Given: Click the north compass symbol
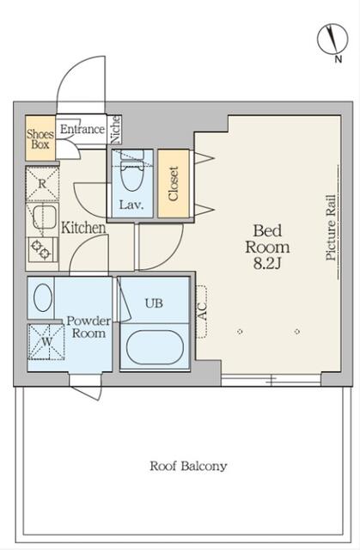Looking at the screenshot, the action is click(333, 39).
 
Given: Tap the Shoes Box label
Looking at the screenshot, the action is click(40, 139).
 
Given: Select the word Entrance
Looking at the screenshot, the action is click(82, 129).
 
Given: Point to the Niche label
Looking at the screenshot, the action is click(115, 130).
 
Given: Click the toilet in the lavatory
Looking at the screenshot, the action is click(132, 171).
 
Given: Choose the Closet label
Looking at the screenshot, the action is click(174, 183).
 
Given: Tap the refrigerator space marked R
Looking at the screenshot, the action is click(42, 184).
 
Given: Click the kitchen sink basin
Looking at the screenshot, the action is click(44, 217).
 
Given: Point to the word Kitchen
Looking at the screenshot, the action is click(83, 228).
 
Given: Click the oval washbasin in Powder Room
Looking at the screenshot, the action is click(43, 297).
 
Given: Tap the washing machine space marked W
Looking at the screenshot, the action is click(46, 342).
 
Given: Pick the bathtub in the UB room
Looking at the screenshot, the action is click(155, 347).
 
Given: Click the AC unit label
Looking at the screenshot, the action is click(202, 311).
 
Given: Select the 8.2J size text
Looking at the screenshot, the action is click(267, 264).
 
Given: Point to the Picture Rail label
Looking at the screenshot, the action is click(331, 227).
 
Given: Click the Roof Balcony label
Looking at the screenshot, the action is click(188, 466).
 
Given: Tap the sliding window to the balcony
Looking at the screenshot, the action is click(271, 380).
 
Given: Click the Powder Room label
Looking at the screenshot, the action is click(88, 327).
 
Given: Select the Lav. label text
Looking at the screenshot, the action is click(131, 205).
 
